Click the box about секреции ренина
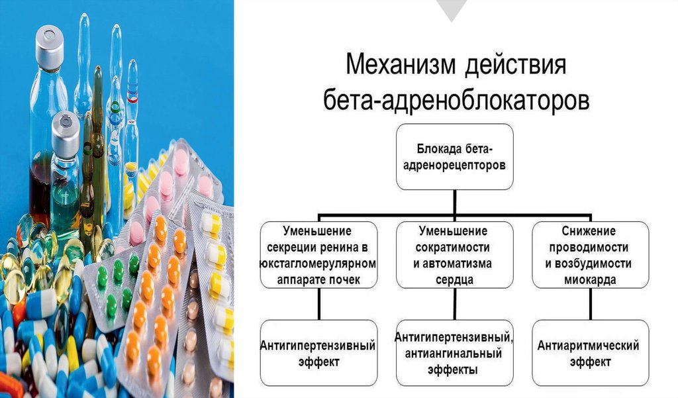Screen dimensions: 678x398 coord(319,255)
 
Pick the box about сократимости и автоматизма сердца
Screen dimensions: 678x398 coord(454,255)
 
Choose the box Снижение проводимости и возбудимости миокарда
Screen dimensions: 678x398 coord(589,255)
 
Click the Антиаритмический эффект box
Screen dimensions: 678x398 coord(589,353)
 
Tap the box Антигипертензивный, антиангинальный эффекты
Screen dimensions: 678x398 coord(454,353)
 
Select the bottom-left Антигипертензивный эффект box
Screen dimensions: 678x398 coord(319,353)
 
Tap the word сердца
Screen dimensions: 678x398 coord(454,280)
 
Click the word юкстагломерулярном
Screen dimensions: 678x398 coord(319,264)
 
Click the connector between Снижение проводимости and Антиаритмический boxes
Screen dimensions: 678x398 coord(589,305)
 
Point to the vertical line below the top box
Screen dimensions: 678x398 coord(455,202)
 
